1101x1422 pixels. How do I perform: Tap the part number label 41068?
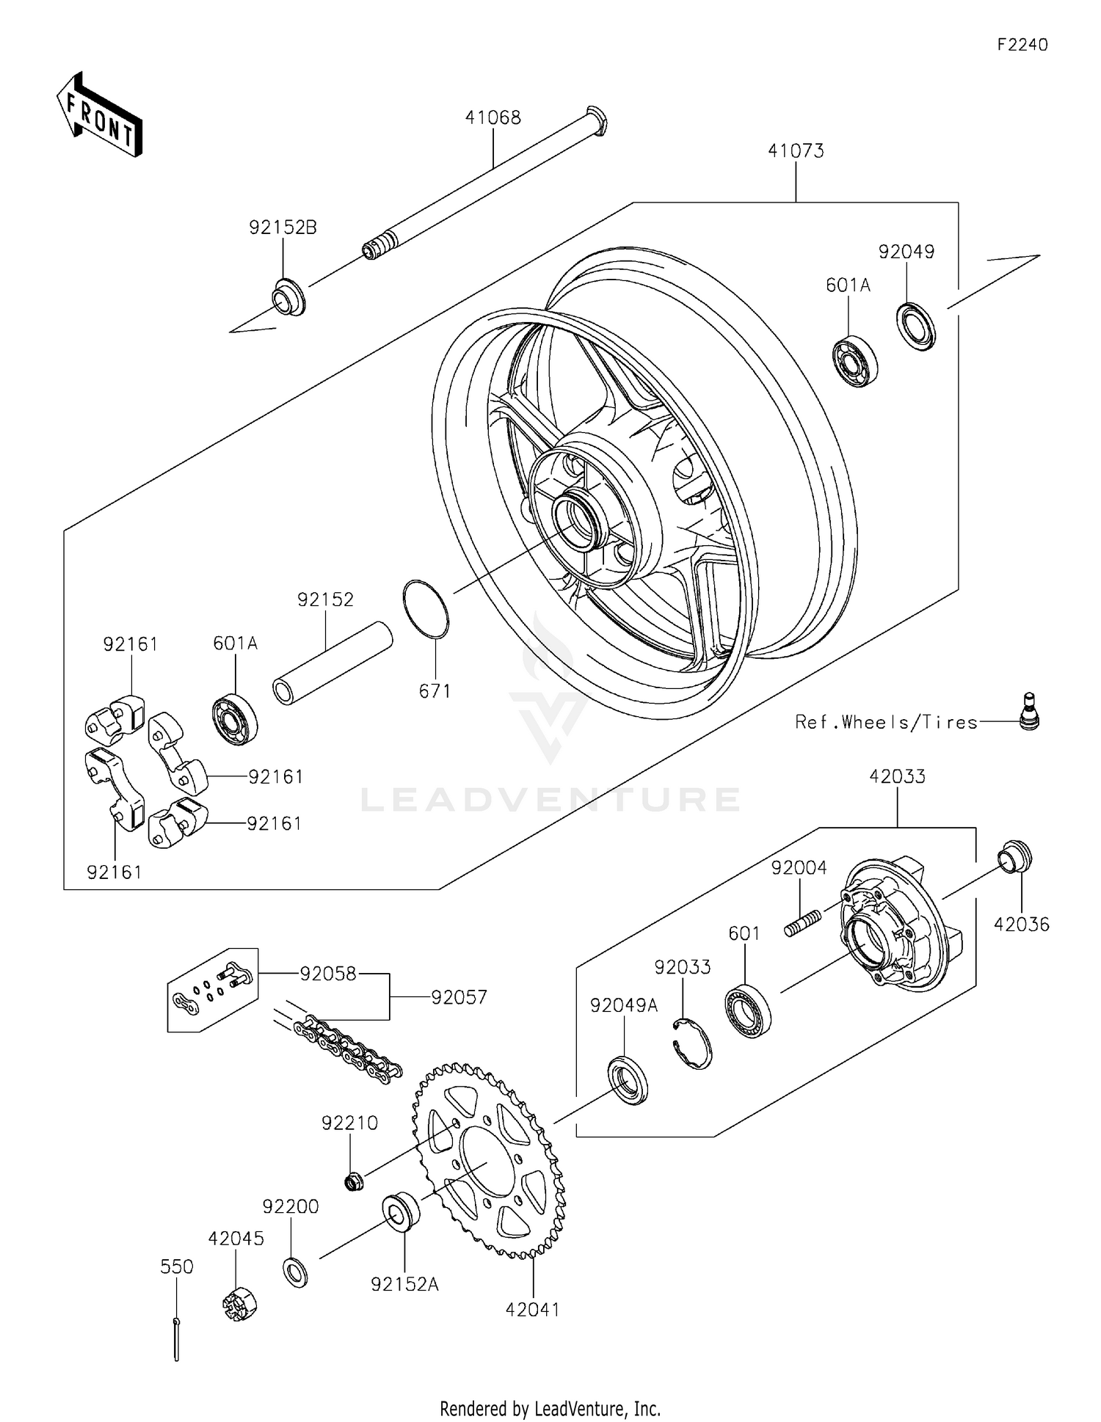tap(493, 117)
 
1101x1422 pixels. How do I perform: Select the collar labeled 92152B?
tap(288, 297)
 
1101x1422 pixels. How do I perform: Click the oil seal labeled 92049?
tap(917, 325)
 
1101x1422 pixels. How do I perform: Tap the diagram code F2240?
tap(1022, 45)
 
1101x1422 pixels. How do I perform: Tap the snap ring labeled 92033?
tap(692, 1043)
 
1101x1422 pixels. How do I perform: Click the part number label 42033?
tap(897, 776)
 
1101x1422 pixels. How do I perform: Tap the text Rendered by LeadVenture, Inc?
tap(550, 1408)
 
